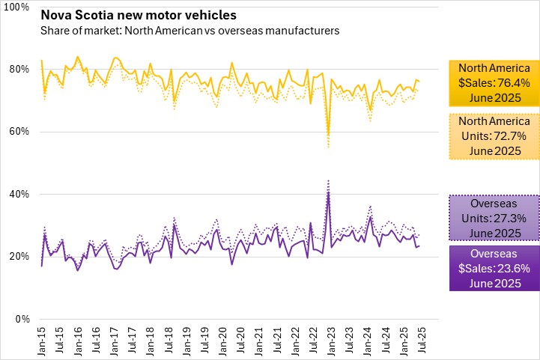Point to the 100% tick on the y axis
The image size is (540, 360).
coord(16,7)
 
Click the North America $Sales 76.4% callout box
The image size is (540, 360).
coord(494,80)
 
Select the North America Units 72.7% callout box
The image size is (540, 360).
coord(494,135)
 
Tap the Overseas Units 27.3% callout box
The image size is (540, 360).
coord(494,218)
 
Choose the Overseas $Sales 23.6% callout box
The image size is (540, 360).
coord(494,267)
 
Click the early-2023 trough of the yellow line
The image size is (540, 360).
coord(328,135)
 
